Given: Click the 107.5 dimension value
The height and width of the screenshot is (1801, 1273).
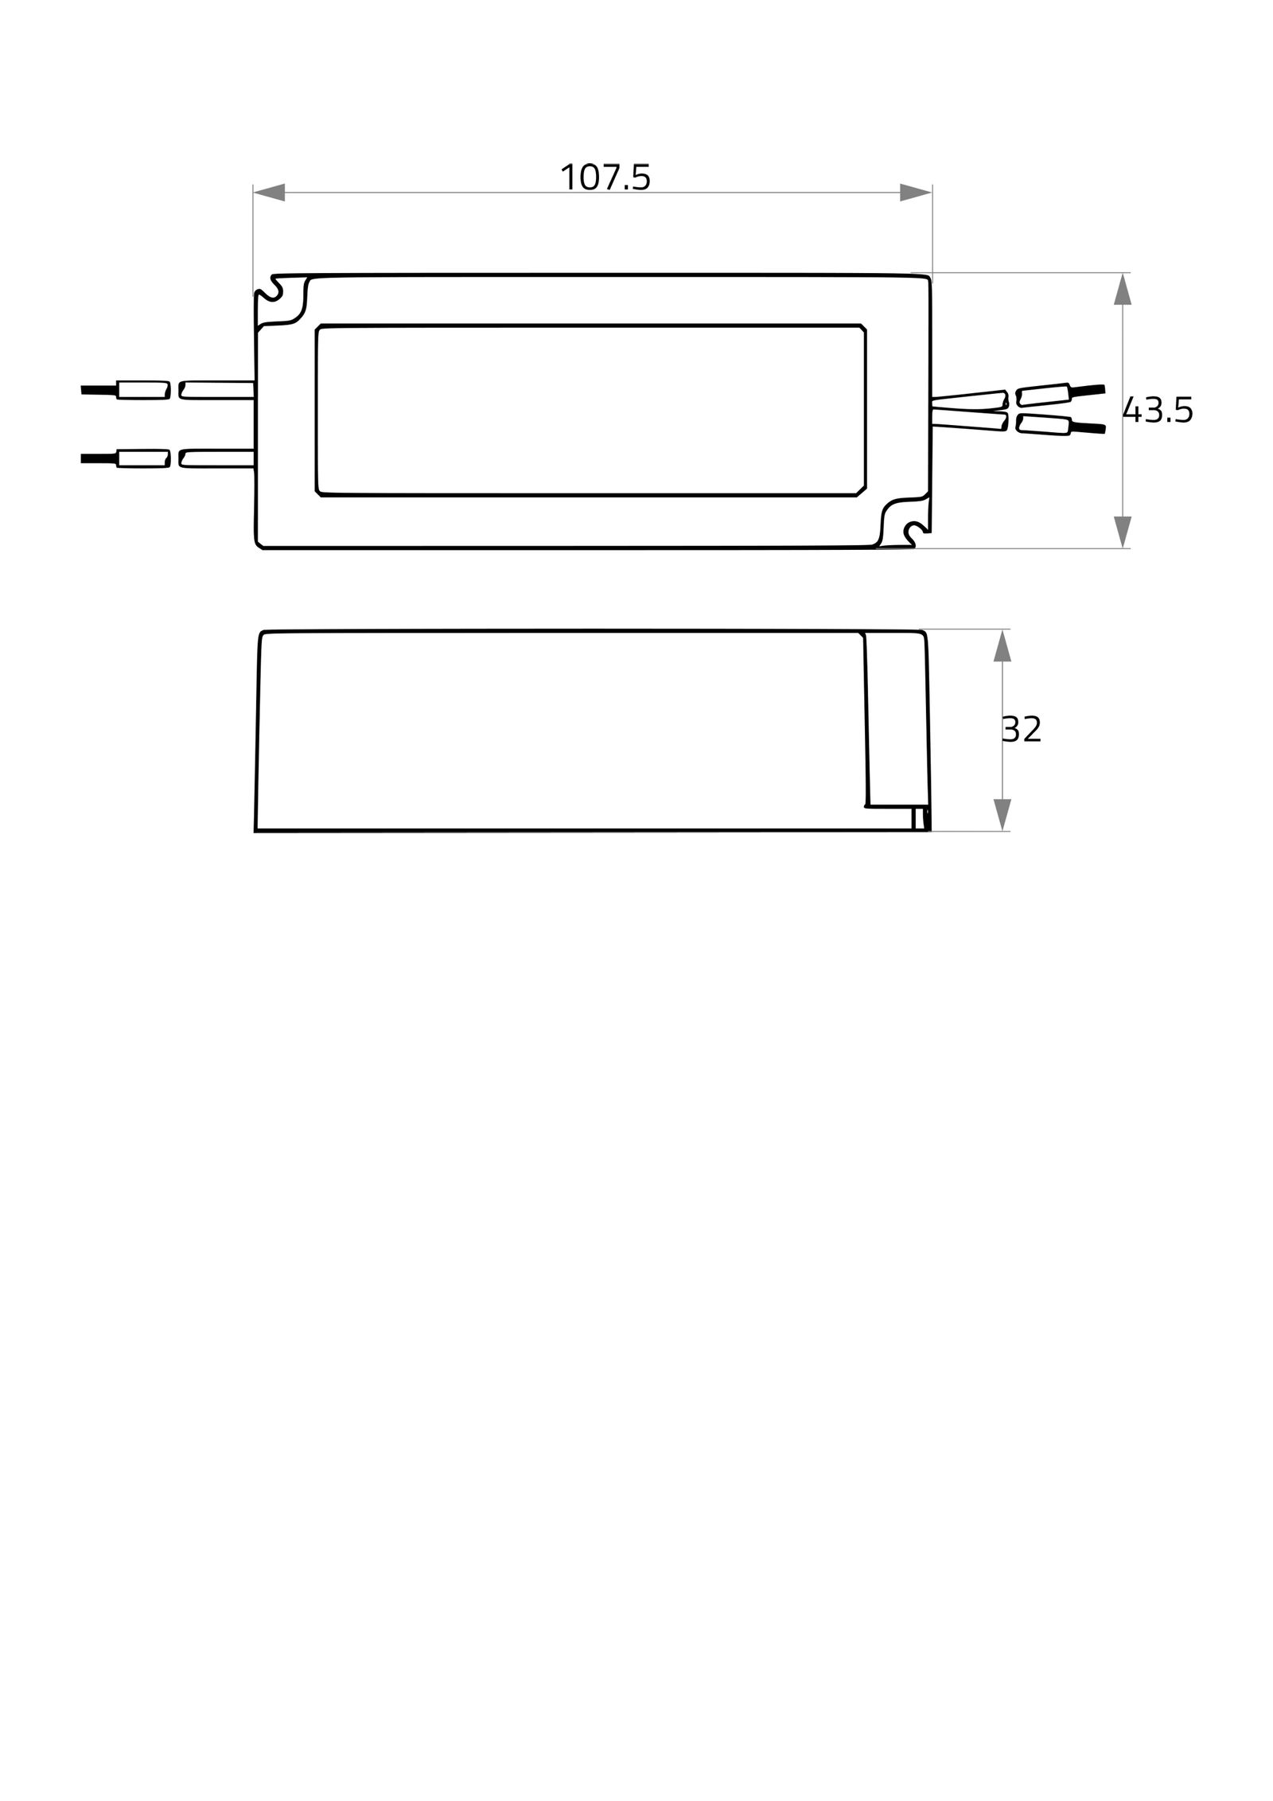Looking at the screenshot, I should (x=605, y=177).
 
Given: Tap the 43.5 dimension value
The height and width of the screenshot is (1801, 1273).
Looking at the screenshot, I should (x=1157, y=411).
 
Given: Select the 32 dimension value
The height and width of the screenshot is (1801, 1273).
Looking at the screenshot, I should (x=1022, y=729).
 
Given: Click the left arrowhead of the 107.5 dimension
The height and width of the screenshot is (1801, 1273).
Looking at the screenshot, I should (x=269, y=193).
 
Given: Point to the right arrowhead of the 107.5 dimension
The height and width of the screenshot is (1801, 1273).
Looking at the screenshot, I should (x=915, y=193).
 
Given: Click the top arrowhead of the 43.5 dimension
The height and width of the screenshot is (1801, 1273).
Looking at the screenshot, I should (x=1122, y=289).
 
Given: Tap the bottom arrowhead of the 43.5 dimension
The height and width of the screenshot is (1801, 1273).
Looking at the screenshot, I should (x=1122, y=532).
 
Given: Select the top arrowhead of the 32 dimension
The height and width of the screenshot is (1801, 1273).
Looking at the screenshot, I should (x=1002, y=645).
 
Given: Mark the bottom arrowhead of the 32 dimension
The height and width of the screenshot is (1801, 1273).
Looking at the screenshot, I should (x=1002, y=814).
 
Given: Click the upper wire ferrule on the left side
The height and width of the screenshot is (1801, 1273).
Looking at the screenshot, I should (x=143, y=390).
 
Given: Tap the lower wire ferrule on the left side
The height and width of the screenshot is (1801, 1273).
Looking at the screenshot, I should (x=143, y=458).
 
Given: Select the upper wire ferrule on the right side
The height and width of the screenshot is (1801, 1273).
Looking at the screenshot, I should (x=1044, y=394).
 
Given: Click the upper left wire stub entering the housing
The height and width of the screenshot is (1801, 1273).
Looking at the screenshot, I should (x=216, y=389).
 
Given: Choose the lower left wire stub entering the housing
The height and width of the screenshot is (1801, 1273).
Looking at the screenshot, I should (x=216, y=458).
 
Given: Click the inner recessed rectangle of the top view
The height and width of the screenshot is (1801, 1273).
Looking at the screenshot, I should (x=590, y=410).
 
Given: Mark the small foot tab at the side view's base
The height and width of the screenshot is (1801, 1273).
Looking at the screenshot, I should (x=921, y=818).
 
